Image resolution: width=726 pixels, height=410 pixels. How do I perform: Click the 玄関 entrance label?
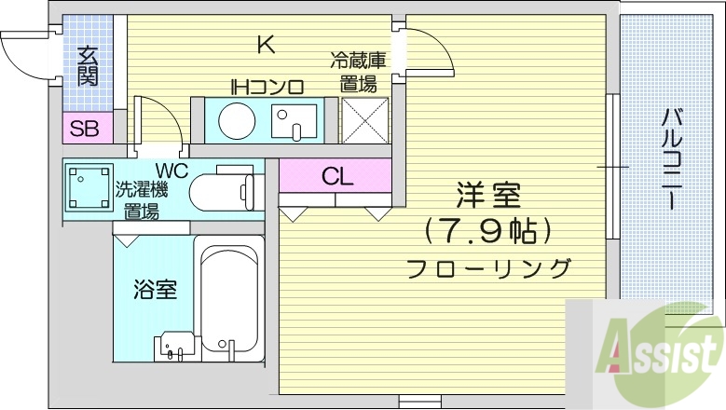[88, 65]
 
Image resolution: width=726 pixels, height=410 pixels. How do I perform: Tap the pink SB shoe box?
[85, 129]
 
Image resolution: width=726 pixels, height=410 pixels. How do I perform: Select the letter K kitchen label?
[266, 44]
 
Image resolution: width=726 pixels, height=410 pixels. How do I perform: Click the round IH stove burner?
[235, 120]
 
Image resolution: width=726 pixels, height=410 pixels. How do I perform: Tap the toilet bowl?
[221, 193]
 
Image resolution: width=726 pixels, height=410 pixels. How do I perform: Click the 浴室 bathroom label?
[154, 288]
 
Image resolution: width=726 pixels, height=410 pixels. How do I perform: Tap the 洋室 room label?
[487, 197]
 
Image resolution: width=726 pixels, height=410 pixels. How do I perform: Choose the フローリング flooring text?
[488, 269]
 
